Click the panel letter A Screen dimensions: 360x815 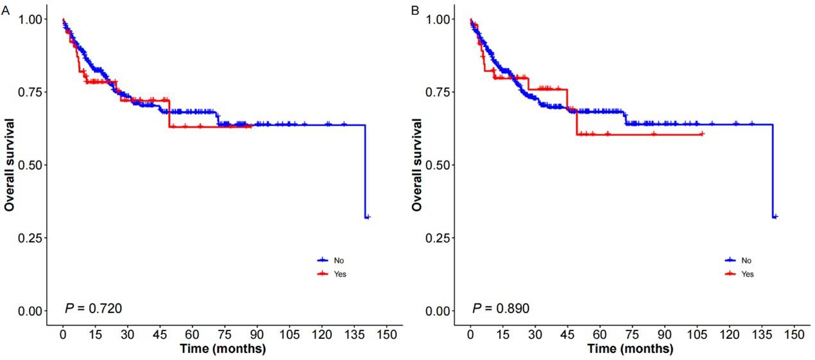5,10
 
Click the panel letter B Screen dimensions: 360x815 415,10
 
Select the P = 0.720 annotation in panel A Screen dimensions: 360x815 94,309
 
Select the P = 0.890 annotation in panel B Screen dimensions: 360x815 501,309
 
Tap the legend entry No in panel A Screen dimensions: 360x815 338,260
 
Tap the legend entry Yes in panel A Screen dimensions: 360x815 339,274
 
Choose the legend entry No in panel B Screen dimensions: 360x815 746,260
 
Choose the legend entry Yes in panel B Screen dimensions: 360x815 747,274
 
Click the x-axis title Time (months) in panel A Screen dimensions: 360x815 223,349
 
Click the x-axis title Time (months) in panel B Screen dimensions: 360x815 631,349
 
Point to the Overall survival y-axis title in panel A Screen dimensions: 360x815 10,164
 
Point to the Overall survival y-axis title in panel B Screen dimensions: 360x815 417,164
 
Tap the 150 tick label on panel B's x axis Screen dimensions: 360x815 794,335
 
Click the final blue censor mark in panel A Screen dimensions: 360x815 368,218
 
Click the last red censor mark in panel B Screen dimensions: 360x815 702,133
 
